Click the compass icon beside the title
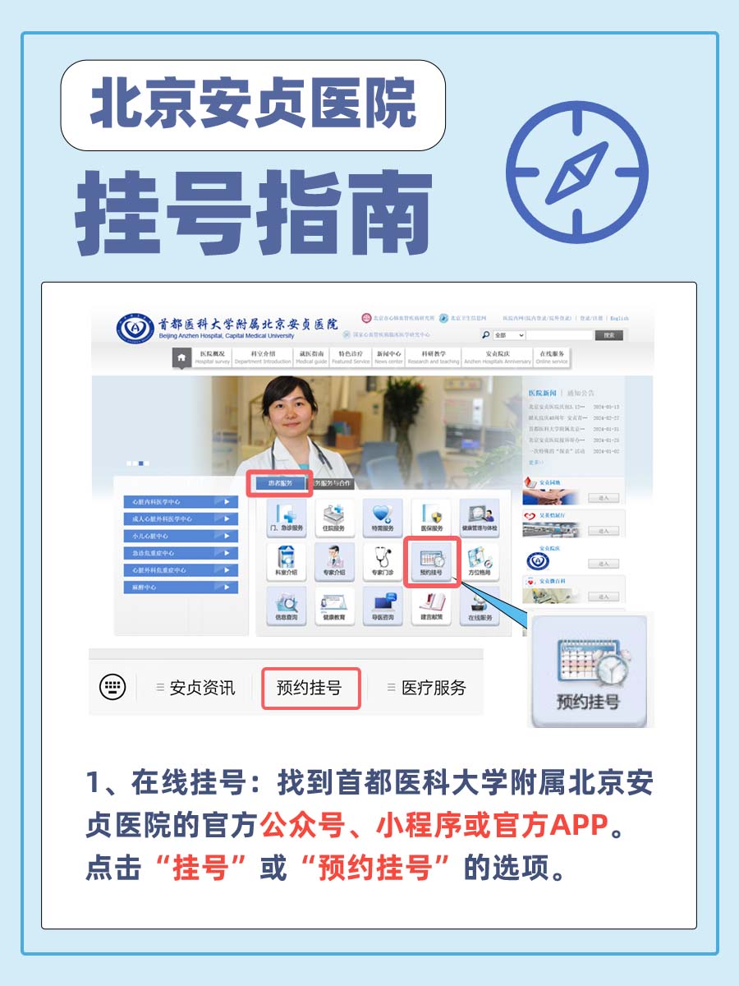[577, 172]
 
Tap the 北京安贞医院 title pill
[253, 105]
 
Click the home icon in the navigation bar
[181, 358]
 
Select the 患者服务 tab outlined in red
[280, 483]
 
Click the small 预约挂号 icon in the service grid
[432, 561]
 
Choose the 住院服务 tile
[334, 518]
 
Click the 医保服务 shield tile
[432, 518]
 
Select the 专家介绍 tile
[334, 561]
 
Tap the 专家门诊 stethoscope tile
[383, 561]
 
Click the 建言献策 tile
[432, 606]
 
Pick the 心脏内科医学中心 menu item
[181, 501]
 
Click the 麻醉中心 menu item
[181, 587]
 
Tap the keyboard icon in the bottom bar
[112, 687]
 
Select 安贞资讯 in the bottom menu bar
[201, 688]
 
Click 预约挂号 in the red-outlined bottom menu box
[310, 688]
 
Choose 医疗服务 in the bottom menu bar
[433, 688]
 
